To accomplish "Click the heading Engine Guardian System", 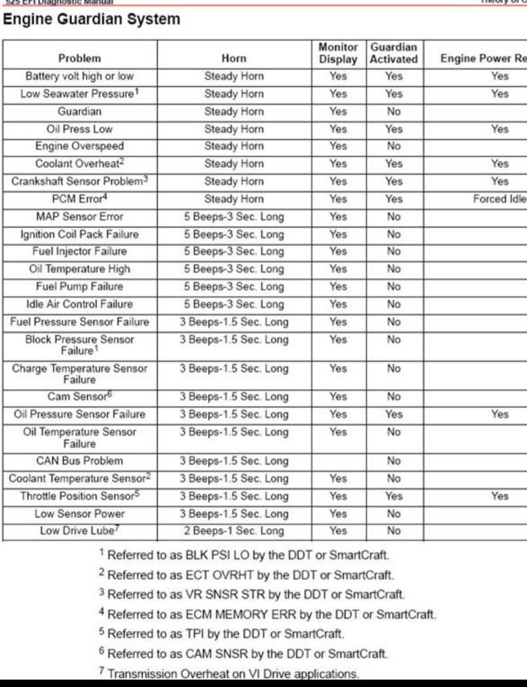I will (92, 19).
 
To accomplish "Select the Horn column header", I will (234, 59).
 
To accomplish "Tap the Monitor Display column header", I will (338, 53).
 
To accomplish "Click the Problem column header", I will (80, 59).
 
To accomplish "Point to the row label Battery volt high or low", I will (80, 76).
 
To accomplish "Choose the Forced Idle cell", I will (499, 199).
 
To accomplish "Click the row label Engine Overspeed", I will (80, 146).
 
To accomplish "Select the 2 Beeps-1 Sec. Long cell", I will (234, 531).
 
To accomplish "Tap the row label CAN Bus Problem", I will (80, 461).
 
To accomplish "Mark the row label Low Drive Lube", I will (80, 531).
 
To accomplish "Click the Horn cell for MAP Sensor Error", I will (234, 217).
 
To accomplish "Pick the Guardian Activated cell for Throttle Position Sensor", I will (394, 496).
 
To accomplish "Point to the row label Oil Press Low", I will (80, 129).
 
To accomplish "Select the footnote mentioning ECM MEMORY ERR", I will (267, 614).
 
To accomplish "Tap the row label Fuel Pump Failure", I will (80, 286).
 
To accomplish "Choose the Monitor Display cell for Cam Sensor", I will (338, 397).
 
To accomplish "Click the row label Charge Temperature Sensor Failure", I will (80, 374).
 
